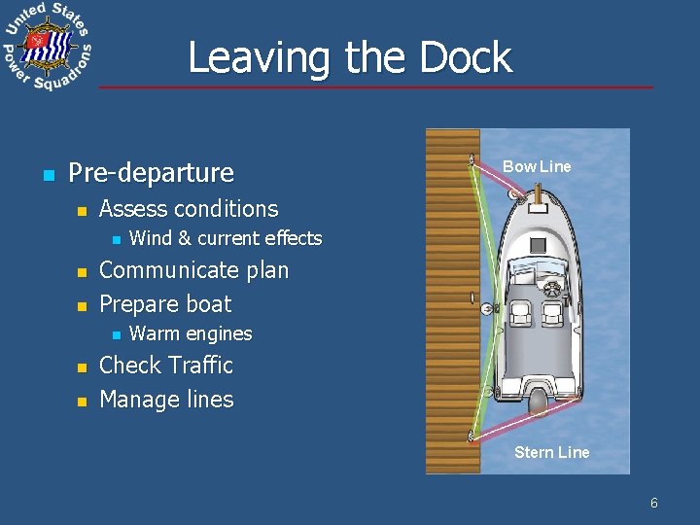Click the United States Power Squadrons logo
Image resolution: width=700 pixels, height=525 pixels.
[x=47, y=46]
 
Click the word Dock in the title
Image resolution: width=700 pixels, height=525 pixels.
[x=466, y=57]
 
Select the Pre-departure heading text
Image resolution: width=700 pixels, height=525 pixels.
[x=152, y=173]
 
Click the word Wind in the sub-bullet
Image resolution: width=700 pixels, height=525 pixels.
[x=150, y=238]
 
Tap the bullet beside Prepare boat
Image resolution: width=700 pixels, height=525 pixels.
[x=83, y=305]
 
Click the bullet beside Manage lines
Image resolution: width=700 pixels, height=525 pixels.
[x=83, y=401]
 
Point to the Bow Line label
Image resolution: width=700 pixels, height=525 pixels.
[x=537, y=166]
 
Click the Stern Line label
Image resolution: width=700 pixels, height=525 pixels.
[x=551, y=452]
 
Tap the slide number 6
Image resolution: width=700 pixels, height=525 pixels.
[x=654, y=503]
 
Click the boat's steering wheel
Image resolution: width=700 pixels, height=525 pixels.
[x=553, y=289]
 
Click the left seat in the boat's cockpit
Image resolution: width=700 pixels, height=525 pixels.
[x=520, y=313]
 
